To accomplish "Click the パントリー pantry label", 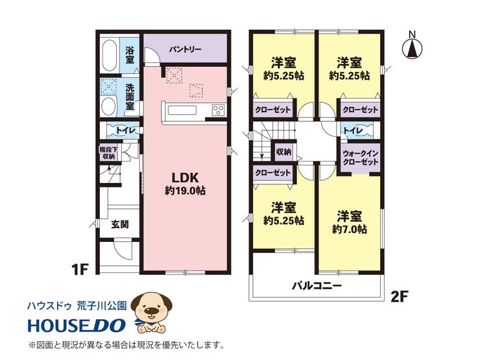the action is point(186,49).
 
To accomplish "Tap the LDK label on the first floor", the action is point(185,178).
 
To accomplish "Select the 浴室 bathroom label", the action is point(130,54).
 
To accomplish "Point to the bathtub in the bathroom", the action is point(109,55).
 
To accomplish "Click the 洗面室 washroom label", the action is point(130,97).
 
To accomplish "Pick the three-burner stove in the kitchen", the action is point(218,110).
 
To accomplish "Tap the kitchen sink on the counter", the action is point(182,110).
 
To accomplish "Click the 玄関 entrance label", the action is point(120,224).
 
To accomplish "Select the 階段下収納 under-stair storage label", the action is point(109,153).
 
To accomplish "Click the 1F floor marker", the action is point(80,270).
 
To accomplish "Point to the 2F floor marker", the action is point(400,296).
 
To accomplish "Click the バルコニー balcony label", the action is point(317,286).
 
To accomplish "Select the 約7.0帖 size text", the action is point(349,229).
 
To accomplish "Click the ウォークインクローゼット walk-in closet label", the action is point(361,158).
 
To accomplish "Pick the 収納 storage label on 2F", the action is point(283,152).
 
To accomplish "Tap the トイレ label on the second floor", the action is point(353,130).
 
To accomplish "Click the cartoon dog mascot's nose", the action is point(152,311).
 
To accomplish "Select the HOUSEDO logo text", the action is point(77,325).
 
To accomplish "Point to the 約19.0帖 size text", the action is point(185,191).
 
